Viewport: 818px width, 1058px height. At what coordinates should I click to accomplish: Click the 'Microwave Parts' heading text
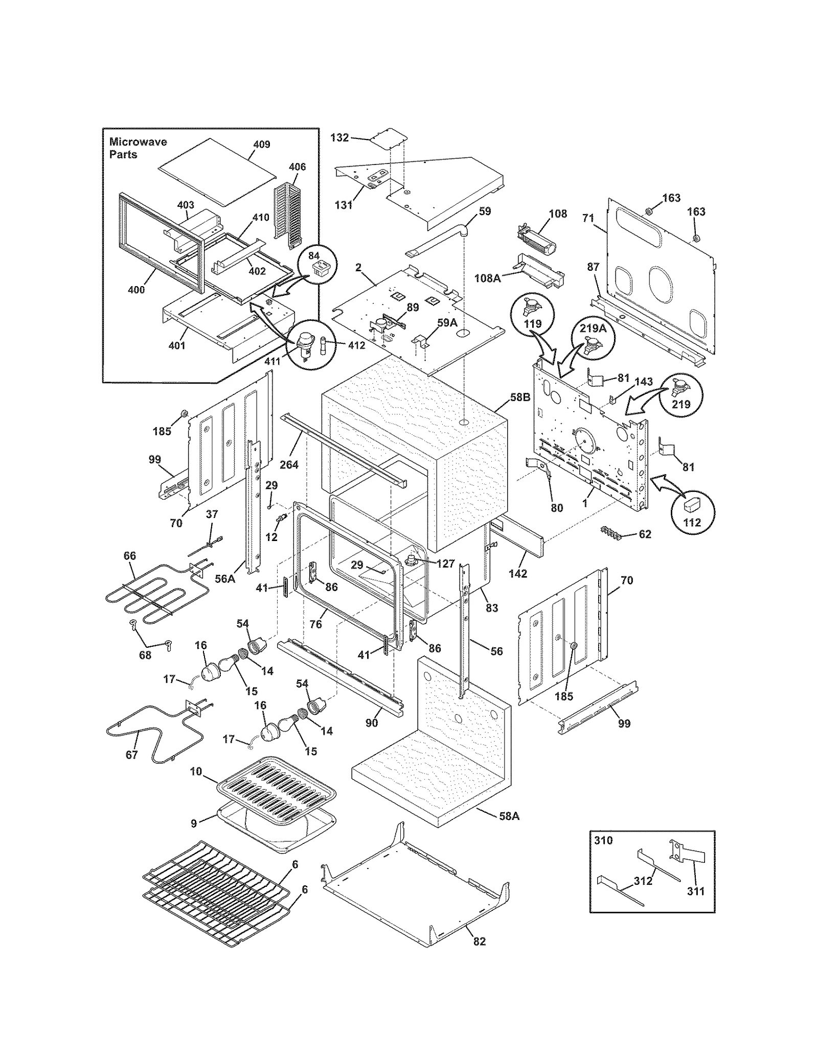point(138,148)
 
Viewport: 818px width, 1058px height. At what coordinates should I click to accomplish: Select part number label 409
point(261,145)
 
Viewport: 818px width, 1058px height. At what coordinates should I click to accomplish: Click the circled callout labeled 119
point(532,316)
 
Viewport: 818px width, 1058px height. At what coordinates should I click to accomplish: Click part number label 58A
point(509,816)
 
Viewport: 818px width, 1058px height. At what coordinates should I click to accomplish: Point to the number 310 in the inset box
point(603,840)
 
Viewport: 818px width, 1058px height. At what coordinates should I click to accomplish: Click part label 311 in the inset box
point(695,891)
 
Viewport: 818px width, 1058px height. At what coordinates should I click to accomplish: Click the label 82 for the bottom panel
point(479,942)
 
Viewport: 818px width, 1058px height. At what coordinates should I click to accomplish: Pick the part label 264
point(289,464)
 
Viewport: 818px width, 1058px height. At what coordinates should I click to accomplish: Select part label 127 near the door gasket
point(445,563)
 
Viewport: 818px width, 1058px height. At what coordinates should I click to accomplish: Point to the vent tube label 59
point(484,211)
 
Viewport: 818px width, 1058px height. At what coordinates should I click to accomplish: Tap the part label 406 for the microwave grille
point(297,167)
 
